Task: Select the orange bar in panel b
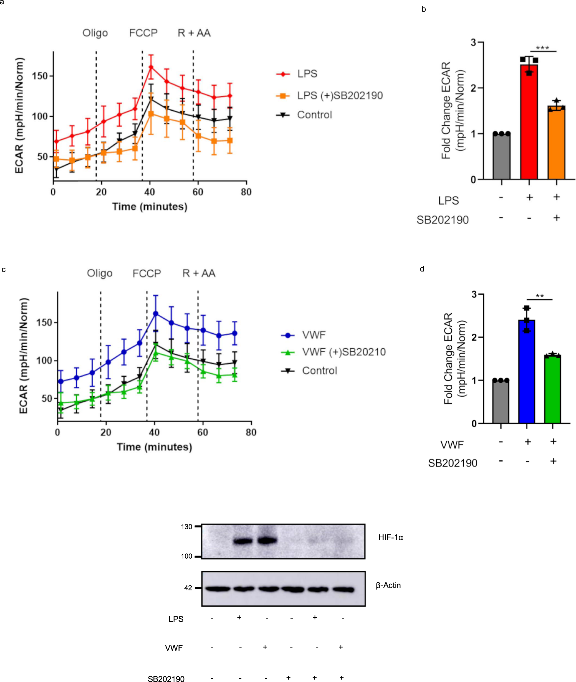click(556, 144)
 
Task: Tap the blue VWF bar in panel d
click(527, 373)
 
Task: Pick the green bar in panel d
click(552, 390)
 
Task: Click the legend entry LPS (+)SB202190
click(340, 95)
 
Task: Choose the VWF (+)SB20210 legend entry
click(343, 352)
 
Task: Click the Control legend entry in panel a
click(314, 115)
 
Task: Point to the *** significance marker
click(542, 48)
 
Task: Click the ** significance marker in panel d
click(540, 296)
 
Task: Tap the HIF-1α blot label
click(391, 537)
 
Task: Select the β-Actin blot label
click(388, 585)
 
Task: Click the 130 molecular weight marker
click(187, 526)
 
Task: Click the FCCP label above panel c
click(147, 273)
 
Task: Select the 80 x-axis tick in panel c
click(251, 432)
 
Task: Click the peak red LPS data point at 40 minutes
click(151, 67)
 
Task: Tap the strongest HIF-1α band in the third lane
click(267, 541)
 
